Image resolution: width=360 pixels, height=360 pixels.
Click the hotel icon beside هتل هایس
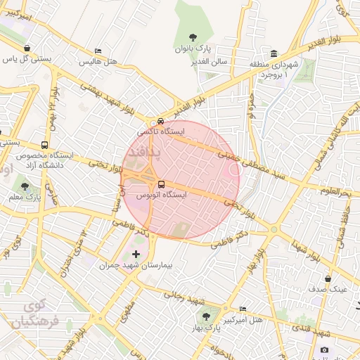coord(98,51)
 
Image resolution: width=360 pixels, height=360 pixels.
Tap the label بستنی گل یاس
coord(29,59)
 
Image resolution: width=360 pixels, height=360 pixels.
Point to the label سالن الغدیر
coord(211,61)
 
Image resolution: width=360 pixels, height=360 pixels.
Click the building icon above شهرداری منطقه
coord(274,53)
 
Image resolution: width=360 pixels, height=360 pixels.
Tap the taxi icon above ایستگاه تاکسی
coord(161,120)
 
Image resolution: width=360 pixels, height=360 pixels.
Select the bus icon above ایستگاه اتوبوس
coord(162,184)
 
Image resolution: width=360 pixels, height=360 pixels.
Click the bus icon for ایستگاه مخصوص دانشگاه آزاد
coord(45,145)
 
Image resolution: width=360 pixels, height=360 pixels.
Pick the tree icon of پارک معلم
coord(25,187)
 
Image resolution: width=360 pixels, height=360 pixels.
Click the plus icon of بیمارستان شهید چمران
coord(136,253)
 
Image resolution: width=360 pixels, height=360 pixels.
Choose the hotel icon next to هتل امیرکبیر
coord(243,309)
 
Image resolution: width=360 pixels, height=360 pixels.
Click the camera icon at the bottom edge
coord(324,349)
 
